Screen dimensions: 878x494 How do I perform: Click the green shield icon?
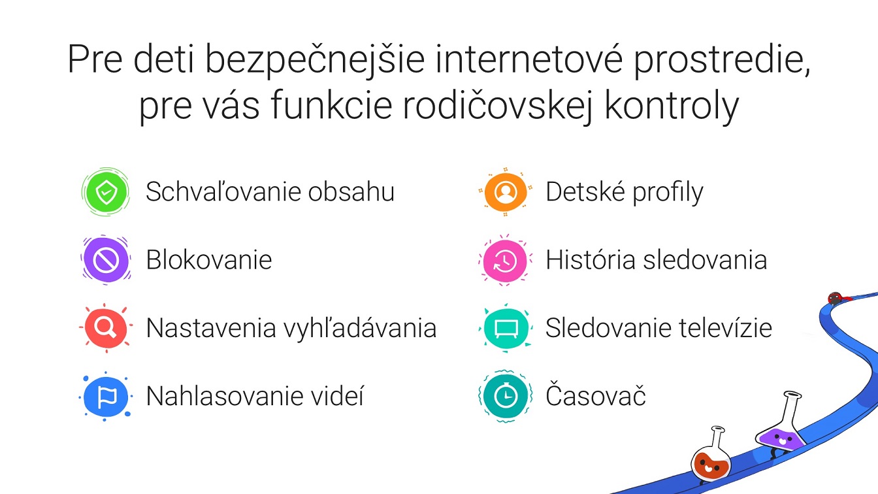106,191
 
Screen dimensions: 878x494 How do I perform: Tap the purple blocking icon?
106,260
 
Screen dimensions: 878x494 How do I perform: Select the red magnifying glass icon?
106,328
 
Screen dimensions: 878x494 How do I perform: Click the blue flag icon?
106,397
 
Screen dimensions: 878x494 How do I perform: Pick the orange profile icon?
506,191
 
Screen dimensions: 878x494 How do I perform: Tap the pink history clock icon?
506,260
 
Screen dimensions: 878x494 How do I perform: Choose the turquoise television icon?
506,328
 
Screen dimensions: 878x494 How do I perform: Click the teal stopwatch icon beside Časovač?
506,397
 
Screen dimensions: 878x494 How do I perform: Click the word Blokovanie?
209,260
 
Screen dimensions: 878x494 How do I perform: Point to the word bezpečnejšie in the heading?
315,59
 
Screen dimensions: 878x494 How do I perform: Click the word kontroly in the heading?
672,106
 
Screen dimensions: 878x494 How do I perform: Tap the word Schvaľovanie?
224,191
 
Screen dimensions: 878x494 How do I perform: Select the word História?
591,259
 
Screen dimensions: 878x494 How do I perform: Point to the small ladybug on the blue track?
836,299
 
